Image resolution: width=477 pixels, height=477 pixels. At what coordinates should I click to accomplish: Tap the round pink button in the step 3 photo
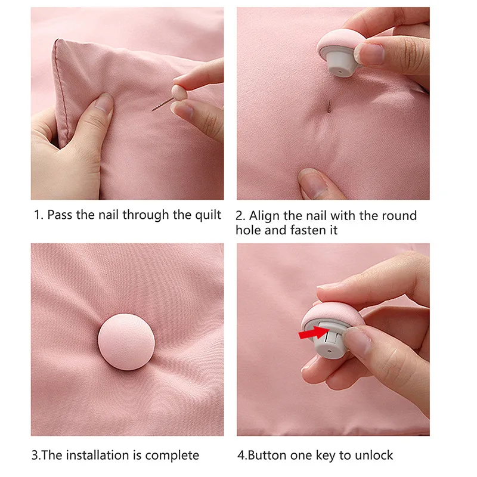pos(126,343)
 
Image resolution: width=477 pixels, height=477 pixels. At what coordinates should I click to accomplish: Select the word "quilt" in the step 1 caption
pos(206,215)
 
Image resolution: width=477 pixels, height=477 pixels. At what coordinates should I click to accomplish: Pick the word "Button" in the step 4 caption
pos(267,456)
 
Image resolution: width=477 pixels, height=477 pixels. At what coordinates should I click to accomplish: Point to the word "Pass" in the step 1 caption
pos(59,215)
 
